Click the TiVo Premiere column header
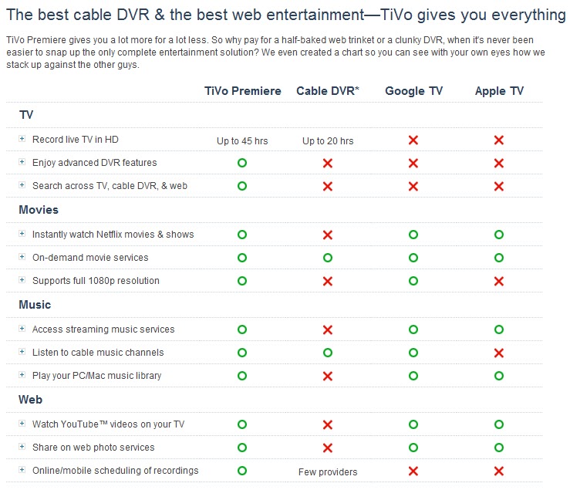(243, 91)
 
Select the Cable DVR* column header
(328, 91)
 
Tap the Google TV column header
(414, 91)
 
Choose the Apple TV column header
(499, 91)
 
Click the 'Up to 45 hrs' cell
(242, 140)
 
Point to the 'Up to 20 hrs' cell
(328, 140)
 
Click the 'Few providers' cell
(328, 471)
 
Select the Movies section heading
(39, 210)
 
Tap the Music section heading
(35, 305)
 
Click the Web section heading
(30, 400)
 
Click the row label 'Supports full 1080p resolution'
(96, 281)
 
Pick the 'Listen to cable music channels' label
(98, 353)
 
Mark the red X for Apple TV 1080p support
(499, 281)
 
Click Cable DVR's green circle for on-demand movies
(328, 258)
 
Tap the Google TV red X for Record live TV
(413, 140)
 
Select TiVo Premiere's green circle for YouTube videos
(242, 424)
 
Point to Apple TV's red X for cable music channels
(499, 353)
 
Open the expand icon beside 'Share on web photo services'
(22, 448)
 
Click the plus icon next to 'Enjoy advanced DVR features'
(22, 163)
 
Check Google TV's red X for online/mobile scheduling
(413, 471)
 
